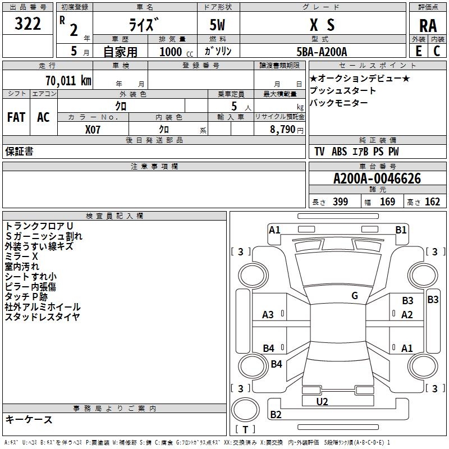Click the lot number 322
click(28, 24)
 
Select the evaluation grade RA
click(428, 26)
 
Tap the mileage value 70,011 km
click(68, 80)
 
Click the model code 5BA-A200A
click(322, 52)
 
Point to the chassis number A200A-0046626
click(377, 178)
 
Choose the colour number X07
click(93, 130)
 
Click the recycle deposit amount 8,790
click(283, 129)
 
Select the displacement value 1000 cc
click(176, 52)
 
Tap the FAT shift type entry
click(16, 117)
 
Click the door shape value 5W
click(217, 25)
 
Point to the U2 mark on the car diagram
click(322, 401)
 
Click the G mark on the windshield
click(355, 296)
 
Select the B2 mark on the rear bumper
click(276, 414)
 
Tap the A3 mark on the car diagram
click(268, 315)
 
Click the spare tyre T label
click(245, 429)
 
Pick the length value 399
click(340, 201)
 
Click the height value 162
click(432, 201)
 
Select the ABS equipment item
click(339, 152)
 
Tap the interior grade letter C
click(437, 51)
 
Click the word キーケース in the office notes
click(29, 419)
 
